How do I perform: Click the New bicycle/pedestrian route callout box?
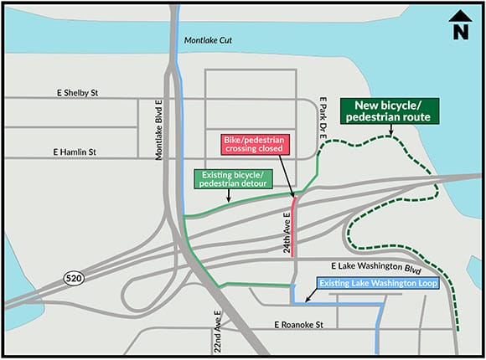point(388,111)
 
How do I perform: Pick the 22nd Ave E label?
point(215,331)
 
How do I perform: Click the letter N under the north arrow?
point(458,33)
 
